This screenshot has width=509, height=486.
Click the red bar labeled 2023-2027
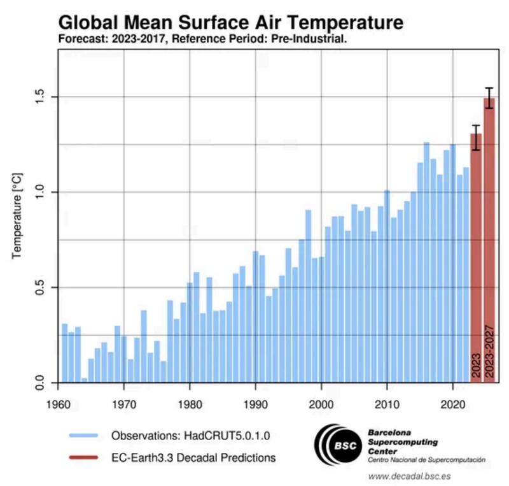pyautogui.click(x=489, y=242)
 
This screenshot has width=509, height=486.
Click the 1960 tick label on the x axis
pyautogui.click(x=58, y=403)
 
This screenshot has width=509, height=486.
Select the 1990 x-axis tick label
pyautogui.click(x=255, y=403)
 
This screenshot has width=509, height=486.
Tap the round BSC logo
pyautogui.click(x=338, y=445)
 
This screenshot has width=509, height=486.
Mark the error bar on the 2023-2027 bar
pyautogui.click(x=489, y=97)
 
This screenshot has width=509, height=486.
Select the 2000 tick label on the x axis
pyautogui.click(x=321, y=403)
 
